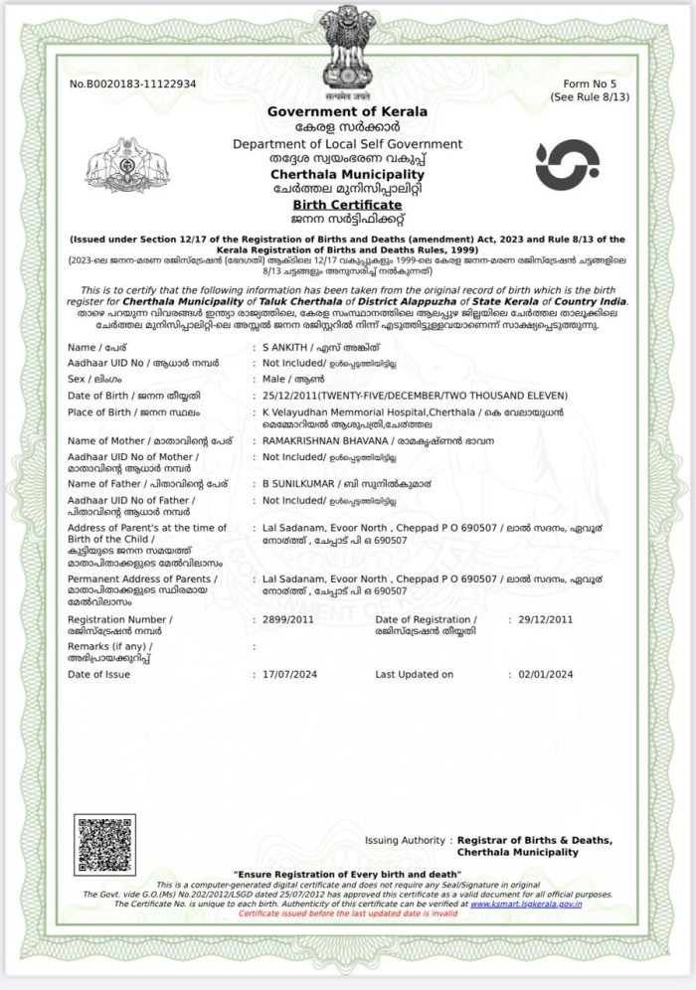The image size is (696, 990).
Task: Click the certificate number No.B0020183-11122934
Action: (x=132, y=83)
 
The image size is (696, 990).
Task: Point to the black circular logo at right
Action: (x=567, y=165)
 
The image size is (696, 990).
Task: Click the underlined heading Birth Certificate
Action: (x=347, y=204)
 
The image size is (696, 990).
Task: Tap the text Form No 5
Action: (x=590, y=83)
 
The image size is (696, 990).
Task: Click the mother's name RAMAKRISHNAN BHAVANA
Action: (x=324, y=440)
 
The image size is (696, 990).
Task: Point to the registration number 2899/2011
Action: (x=286, y=619)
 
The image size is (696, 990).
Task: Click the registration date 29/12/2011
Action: (x=546, y=619)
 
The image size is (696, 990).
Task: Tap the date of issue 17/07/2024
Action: (x=288, y=675)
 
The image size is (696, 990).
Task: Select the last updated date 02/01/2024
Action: (x=546, y=675)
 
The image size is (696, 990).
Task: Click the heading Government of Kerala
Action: (x=347, y=111)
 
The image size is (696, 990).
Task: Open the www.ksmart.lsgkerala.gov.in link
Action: (x=526, y=904)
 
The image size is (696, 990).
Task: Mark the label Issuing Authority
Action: (x=405, y=841)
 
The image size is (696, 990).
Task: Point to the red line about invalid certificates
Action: (x=348, y=912)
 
